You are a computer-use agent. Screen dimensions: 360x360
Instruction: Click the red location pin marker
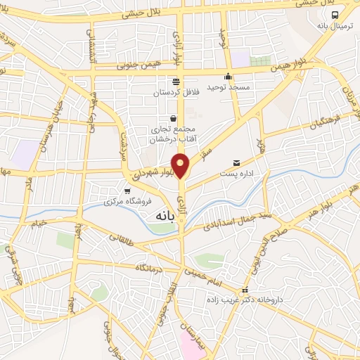click(181, 165)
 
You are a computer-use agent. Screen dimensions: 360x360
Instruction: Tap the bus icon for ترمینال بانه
click(335, 15)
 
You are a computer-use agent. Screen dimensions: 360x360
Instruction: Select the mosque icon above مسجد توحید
click(227, 77)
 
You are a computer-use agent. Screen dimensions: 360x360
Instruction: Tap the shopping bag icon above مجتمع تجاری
click(174, 118)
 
